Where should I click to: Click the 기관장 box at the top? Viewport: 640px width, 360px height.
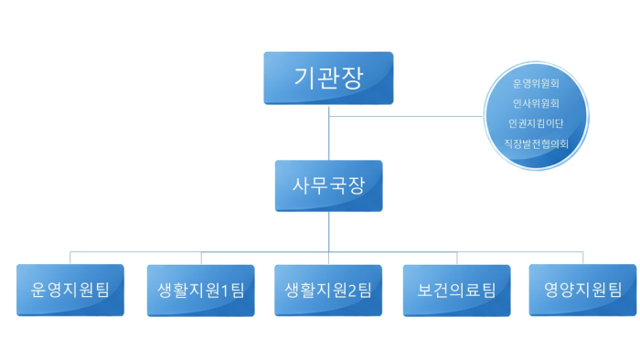pos(328,77)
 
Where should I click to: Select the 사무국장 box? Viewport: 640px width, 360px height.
pos(328,186)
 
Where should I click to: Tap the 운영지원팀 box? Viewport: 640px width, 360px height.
pos(70,290)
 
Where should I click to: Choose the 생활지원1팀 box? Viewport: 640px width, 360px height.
pos(200,290)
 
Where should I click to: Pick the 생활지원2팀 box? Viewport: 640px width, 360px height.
pos(328,290)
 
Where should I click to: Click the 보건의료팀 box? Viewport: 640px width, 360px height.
pos(456,290)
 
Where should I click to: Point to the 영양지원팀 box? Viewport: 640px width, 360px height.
pos(582,290)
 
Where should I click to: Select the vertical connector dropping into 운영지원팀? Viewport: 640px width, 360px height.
pos(70,257)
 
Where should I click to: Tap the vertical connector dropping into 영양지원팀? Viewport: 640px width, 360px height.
pos(582,257)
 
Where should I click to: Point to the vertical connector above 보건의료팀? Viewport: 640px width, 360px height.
pos(456,257)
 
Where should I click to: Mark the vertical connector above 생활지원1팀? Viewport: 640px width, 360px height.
pos(200,257)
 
